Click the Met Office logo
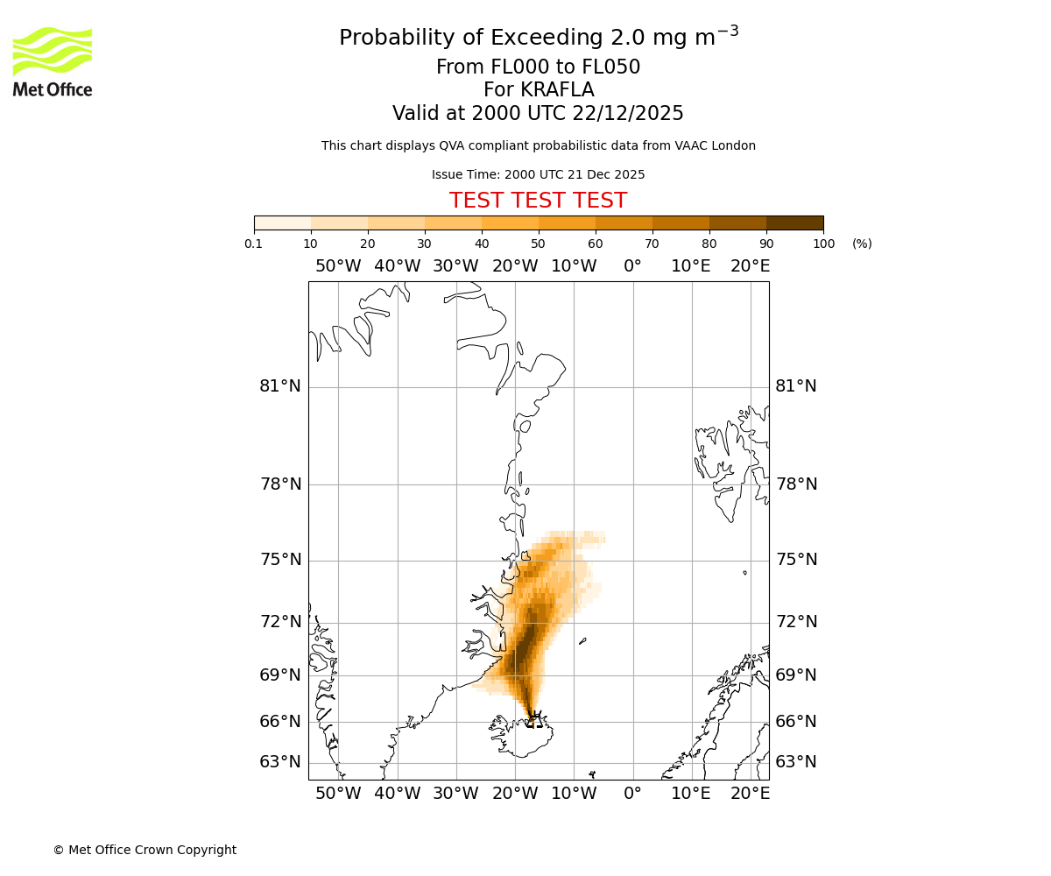pyautogui.click(x=53, y=61)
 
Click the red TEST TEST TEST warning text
pyautogui.click(x=538, y=201)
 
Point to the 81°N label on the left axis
pyautogui.click(x=280, y=386)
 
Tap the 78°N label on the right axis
pyautogui.click(x=796, y=484)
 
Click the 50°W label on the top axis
pyautogui.click(x=338, y=266)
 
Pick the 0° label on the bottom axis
pyautogui.click(x=632, y=794)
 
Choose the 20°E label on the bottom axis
pyautogui.click(x=751, y=794)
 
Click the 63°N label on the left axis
pyautogui.click(x=280, y=762)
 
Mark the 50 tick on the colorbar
pyautogui.click(x=538, y=244)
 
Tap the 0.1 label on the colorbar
pyautogui.click(x=254, y=244)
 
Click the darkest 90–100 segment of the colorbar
pyautogui.click(x=794, y=223)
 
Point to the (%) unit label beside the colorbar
pyautogui.click(x=862, y=244)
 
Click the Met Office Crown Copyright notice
pyautogui.click(x=145, y=850)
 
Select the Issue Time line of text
pyautogui.click(x=538, y=174)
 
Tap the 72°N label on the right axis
pyautogui.click(x=796, y=622)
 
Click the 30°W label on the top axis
pyautogui.click(x=455, y=266)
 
